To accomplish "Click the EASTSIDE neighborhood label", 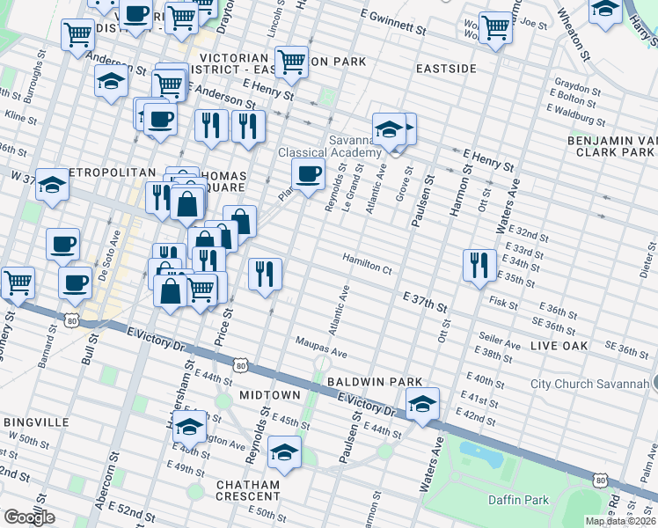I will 446,68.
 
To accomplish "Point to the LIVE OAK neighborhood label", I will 559,347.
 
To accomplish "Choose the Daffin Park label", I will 519,500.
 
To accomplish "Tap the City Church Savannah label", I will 589,384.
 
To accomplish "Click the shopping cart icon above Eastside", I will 495,26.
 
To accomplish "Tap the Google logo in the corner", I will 29,517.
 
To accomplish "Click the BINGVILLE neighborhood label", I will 36,422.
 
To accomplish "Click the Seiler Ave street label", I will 495,336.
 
